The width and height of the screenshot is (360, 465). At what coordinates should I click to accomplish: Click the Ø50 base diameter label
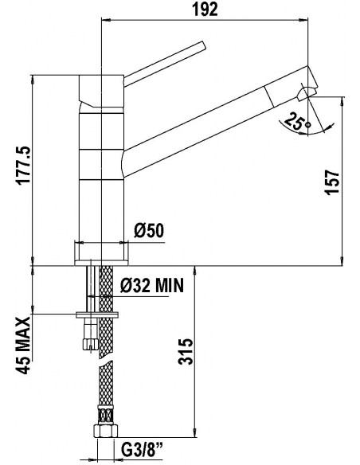[x=149, y=231]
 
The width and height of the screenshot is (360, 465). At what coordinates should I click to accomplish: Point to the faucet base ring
[x=102, y=252]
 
